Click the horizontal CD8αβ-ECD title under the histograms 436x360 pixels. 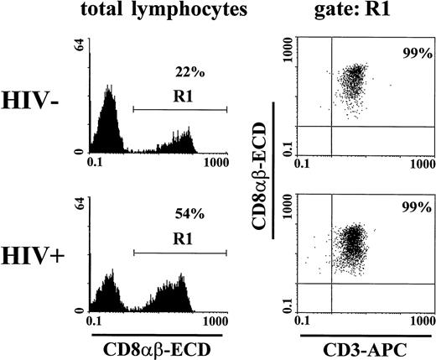point(158,344)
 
